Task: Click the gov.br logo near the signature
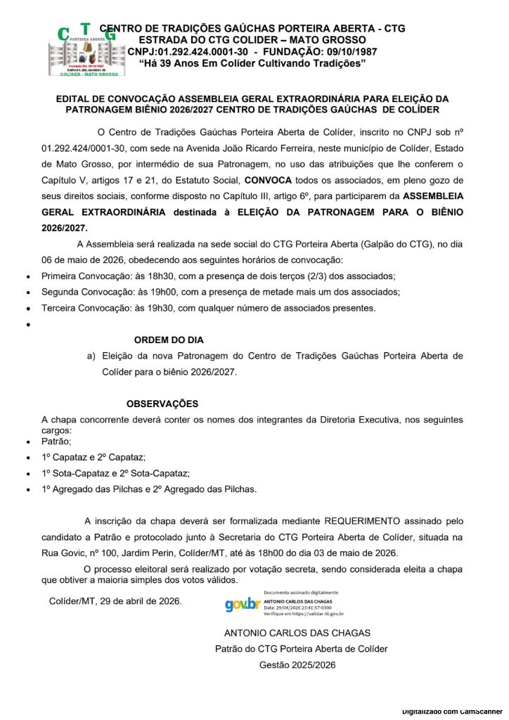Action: [x=243, y=604]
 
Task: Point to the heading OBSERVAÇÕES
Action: [x=162, y=404]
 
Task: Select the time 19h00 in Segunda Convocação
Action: [x=153, y=292]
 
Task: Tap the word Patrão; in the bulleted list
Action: [x=57, y=442]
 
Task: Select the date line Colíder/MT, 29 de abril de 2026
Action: [x=115, y=601]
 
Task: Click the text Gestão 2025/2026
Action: [x=297, y=665]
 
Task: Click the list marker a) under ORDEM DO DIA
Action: [x=91, y=356]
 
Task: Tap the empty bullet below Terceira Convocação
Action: [x=27, y=325]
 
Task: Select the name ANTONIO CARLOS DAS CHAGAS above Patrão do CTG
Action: [x=297, y=633]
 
